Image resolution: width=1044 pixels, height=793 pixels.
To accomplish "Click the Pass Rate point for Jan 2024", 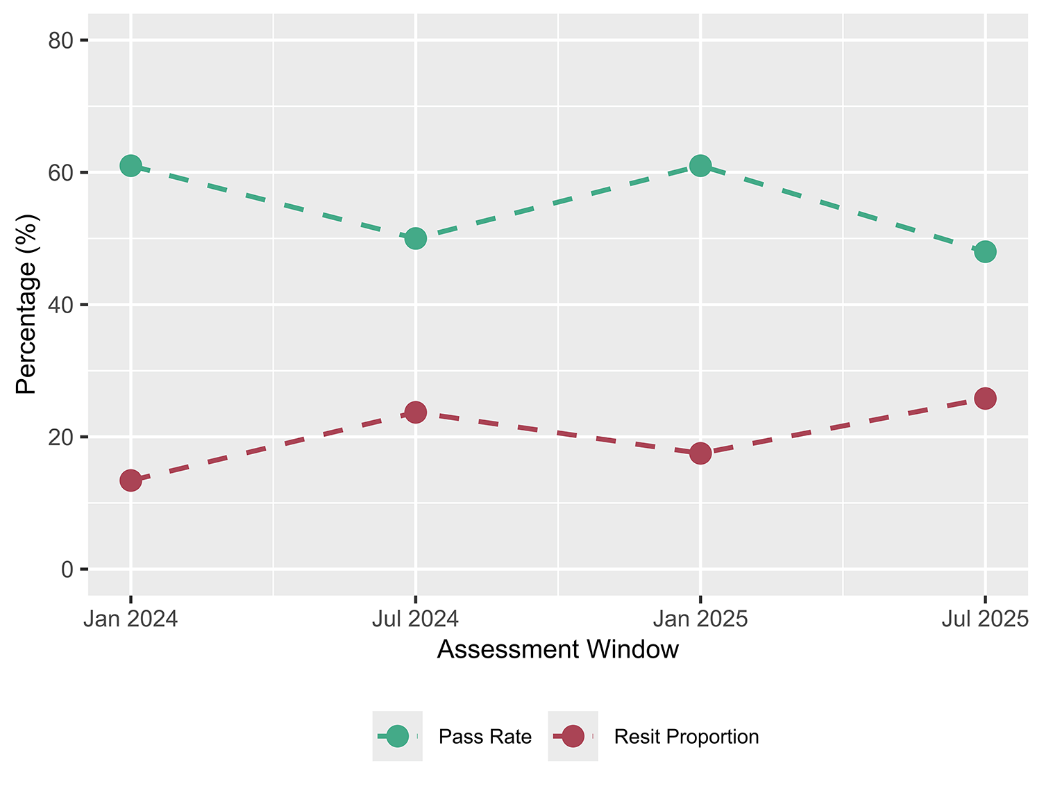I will (x=130, y=166).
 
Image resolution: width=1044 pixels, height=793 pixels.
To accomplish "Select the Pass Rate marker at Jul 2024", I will (x=415, y=239).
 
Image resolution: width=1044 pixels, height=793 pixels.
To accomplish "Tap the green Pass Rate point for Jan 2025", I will (x=700, y=166).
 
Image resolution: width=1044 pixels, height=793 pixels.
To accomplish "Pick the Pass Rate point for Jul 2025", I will (x=985, y=252).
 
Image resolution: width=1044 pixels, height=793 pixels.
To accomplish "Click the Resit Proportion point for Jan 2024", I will (x=130, y=480).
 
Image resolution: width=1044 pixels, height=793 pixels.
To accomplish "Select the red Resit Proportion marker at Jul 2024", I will (x=415, y=412).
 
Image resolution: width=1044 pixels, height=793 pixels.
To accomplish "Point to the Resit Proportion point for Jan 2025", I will (x=700, y=453).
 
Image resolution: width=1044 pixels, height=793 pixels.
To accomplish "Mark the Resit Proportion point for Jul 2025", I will (x=985, y=399).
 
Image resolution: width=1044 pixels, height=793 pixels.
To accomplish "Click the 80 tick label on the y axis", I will (x=61, y=41).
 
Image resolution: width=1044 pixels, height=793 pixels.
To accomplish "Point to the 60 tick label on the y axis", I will (x=61, y=173).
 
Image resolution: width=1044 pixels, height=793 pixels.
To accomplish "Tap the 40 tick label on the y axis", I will (x=61, y=305).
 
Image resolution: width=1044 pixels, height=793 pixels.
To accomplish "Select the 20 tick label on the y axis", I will (x=61, y=437).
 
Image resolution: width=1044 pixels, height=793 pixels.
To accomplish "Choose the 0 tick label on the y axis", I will (x=67, y=569).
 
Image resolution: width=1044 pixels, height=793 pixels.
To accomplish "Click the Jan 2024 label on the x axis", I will (x=130, y=619).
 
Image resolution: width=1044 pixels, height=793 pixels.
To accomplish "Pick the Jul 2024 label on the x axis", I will (x=415, y=619).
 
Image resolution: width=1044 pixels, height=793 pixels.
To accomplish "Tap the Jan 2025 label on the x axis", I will (x=700, y=619).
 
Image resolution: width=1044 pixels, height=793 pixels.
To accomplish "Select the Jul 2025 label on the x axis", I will (x=984, y=619).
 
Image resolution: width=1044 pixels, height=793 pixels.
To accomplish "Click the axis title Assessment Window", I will (x=557, y=650).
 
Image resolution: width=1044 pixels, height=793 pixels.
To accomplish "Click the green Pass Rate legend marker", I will (x=397, y=736).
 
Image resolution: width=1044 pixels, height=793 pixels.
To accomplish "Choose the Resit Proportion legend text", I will (x=686, y=737).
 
